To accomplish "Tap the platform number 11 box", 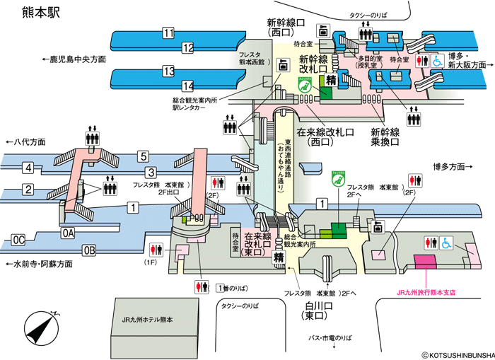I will tap(168, 33).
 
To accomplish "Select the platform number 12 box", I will tap(187, 48).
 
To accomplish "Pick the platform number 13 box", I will tap(168, 71).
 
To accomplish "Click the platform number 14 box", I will tap(187, 86).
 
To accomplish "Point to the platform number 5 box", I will tap(143, 156).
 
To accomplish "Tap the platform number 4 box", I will tap(28, 168).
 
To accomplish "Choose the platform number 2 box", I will tap(28, 189).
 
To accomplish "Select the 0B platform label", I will tap(89, 249).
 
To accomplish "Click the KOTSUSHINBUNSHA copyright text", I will tap(456, 354).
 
